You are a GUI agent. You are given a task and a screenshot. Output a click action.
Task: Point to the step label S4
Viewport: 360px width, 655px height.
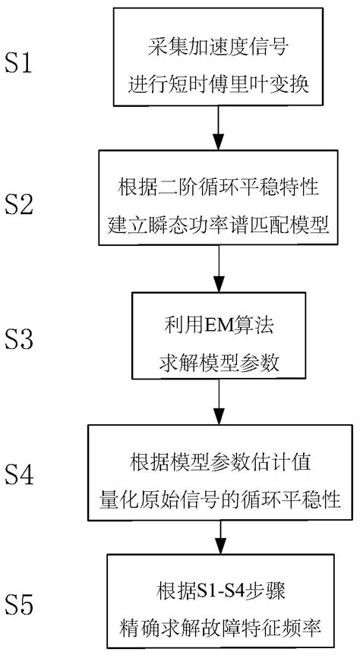tap(29, 476)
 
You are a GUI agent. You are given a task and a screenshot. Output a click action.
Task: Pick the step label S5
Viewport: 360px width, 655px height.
tap(29, 606)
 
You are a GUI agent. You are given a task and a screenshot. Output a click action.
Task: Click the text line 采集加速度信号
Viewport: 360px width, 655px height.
tap(219, 48)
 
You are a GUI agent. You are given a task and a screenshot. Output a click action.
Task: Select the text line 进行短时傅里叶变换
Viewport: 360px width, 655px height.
tap(219, 80)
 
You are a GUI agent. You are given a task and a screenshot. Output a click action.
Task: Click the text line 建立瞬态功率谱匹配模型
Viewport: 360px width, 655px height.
tap(219, 221)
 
